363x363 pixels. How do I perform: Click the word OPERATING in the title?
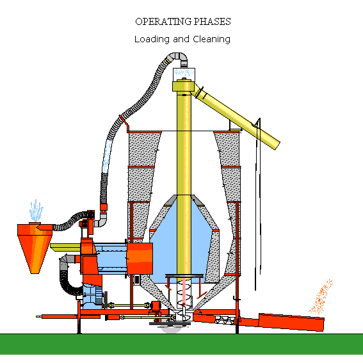pos(163,22)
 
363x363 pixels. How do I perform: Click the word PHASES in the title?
pos(212,22)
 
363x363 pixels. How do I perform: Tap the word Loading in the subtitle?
pos(152,39)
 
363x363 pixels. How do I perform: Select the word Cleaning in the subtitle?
pos(212,39)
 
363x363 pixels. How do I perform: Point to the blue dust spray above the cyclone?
pos(36,211)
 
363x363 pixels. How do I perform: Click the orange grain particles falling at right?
pos(321,297)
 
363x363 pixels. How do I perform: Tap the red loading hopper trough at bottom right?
pos(291,322)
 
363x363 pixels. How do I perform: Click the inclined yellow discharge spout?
pos(237,117)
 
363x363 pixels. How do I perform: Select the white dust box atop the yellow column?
pos(184,74)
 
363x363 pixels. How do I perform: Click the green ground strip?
pos(182,344)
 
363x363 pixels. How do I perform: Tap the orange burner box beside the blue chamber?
pos(140,259)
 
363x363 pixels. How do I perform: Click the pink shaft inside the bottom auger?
pos(184,291)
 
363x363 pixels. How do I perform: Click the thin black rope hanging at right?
pos(258,204)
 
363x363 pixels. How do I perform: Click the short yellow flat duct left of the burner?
pos(65,247)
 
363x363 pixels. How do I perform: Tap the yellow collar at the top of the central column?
pos(183,86)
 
